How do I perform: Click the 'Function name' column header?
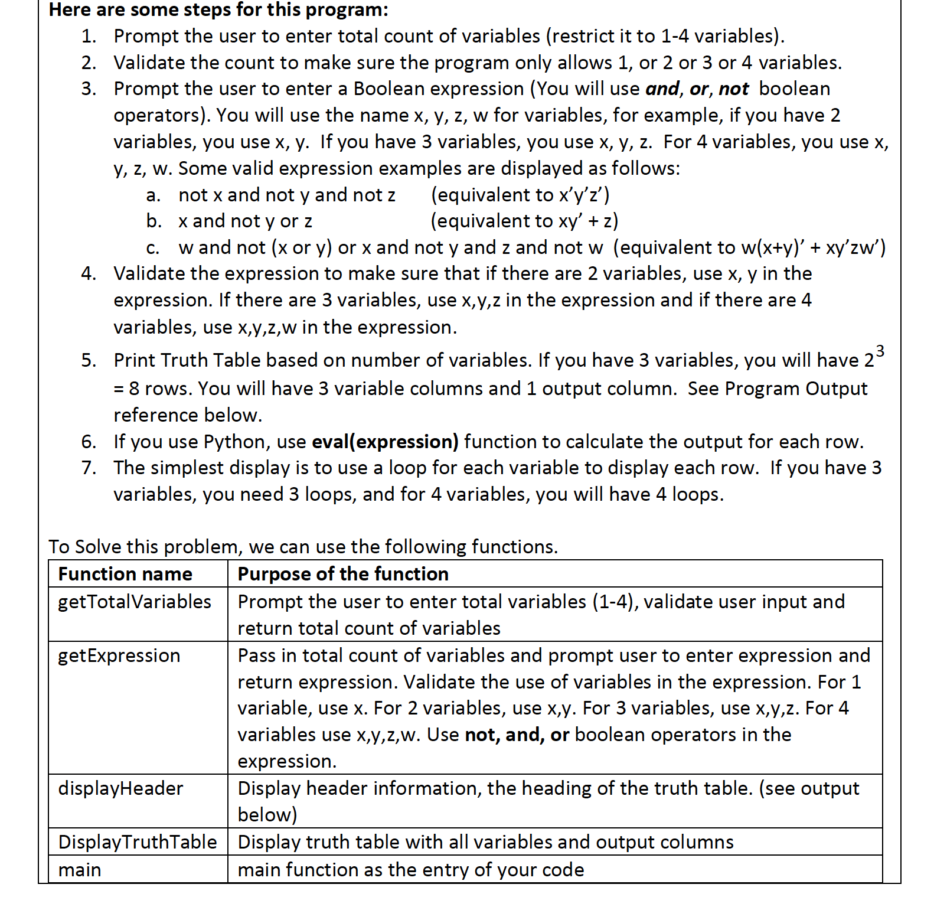point(125,574)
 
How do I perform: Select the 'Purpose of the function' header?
point(343,574)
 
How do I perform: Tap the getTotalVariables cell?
point(135,602)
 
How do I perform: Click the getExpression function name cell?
point(119,655)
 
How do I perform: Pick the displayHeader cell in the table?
point(120,788)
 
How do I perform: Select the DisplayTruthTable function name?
point(138,842)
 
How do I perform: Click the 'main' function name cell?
point(80,870)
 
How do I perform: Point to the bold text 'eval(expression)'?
point(385,442)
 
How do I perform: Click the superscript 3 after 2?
point(880,351)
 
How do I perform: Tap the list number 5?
point(89,360)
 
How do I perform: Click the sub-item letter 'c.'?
point(153,247)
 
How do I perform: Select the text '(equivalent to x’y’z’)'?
point(520,195)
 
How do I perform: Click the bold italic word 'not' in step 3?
point(734,89)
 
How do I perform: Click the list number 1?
point(89,36)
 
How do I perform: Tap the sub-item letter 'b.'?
point(154,221)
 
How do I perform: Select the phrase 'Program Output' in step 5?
point(796,389)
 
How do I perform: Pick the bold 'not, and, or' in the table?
point(517,735)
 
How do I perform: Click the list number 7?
point(89,468)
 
